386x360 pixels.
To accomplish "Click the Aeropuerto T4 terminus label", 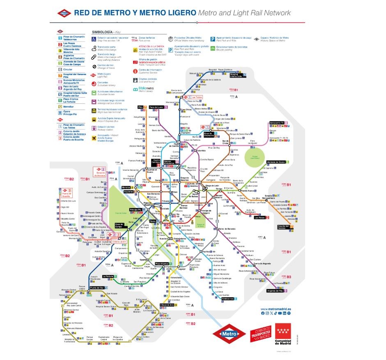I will (278, 123).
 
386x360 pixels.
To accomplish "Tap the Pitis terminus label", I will (140, 107).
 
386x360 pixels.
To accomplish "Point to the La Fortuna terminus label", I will (108, 276).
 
